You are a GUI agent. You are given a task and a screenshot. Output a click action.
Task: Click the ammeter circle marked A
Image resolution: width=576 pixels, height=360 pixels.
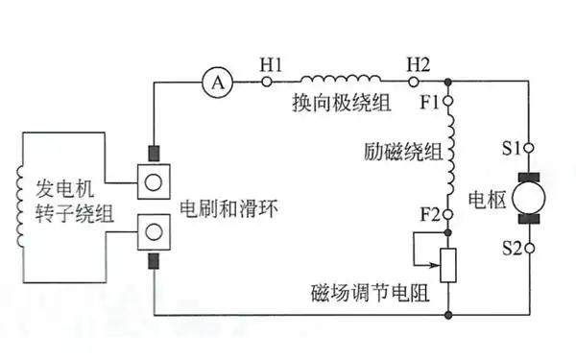coord(218,83)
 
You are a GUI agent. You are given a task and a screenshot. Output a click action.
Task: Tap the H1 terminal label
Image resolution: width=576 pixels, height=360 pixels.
coord(272,63)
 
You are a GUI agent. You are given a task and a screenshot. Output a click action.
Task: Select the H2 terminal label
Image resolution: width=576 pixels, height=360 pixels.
coord(419,63)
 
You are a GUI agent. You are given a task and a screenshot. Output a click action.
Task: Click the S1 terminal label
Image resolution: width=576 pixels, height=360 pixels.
coord(512,149)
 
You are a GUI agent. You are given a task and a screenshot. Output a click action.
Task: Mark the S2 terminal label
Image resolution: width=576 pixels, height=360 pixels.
coord(512,249)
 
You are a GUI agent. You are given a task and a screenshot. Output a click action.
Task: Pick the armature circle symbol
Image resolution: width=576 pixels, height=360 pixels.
coord(529,199)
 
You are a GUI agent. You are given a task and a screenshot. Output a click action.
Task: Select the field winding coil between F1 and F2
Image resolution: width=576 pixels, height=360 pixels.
coord(449,153)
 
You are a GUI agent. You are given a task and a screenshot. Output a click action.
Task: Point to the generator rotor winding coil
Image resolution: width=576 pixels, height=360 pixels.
coord(21,207)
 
